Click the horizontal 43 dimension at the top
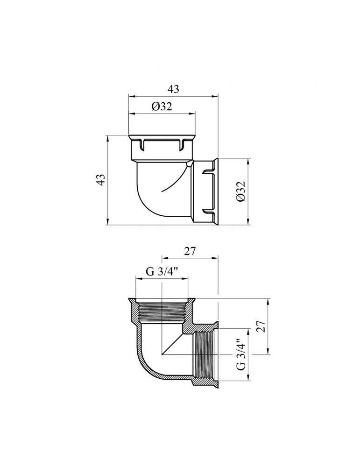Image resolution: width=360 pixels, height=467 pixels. click(x=173, y=89)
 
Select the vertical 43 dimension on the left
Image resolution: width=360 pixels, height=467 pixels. click(x=102, y=180)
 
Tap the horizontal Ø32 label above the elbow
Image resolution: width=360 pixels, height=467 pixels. click(x=162, y=106)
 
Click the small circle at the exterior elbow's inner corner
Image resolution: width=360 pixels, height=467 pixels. click(x=188, y=164)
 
